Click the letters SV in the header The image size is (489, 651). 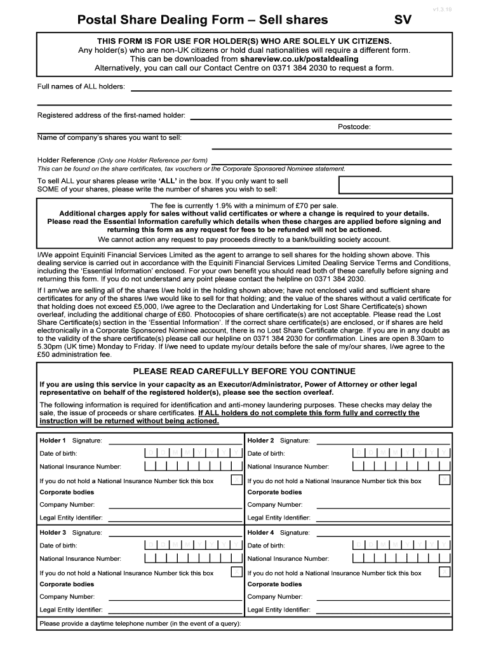(x=403, y=20)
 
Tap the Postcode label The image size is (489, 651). (x=354, y=127)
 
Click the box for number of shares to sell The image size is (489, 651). (x=396, y=184)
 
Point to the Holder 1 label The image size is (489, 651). (x=53, y=440)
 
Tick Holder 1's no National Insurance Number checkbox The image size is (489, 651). (x=236, y=480)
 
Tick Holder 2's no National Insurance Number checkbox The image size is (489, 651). (x=445, y=480)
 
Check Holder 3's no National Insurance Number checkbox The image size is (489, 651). (x=236, y=572)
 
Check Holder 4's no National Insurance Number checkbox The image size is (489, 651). (x=445, y=572)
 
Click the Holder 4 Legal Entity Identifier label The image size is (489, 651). (x=279, y=610)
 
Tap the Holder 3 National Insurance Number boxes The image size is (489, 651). (x=193, y=558)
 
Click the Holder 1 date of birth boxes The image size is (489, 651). (x=193, y=453)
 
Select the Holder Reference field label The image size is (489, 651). (x=66, y=160)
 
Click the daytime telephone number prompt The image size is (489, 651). (x=140, y=623)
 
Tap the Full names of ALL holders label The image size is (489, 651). (x=81, y=86)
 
